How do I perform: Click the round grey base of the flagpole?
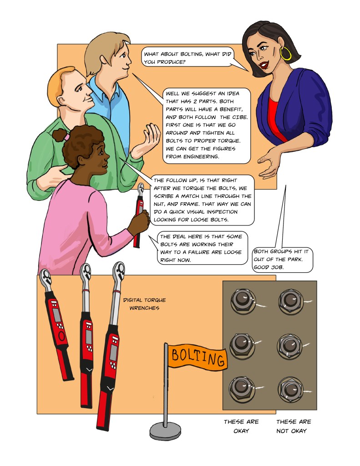coord(165,431)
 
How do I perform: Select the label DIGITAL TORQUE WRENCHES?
coord(144,304)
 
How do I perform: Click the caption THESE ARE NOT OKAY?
coord(294,426)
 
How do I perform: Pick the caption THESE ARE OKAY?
coord(241,426)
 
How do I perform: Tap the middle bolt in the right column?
coord(289,346)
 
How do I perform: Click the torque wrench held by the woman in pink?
coord(138,215)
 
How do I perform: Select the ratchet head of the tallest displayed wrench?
coord(119,271)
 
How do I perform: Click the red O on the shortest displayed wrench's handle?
coord(62,337)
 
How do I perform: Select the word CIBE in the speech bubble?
coord(239,117)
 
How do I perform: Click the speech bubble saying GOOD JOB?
coord(282,260)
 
